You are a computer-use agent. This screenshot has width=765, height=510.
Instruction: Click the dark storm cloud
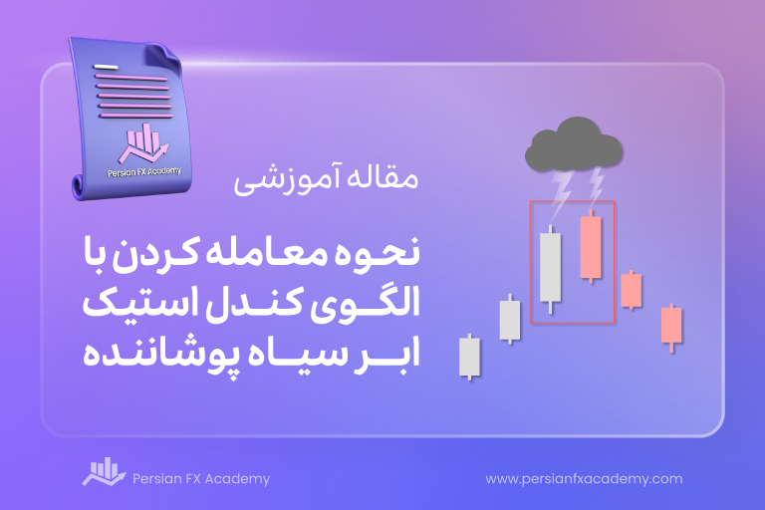[x=574, y=145]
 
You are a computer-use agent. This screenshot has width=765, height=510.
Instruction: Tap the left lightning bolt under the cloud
[x=561, y=194]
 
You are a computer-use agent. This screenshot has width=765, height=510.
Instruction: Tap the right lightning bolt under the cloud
[x=596, y=186]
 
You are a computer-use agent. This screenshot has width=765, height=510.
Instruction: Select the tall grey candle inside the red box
[x=550, y=268]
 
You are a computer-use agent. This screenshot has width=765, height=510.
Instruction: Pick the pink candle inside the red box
[x=591, y=247]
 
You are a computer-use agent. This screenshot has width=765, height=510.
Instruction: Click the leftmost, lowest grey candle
[x=470, y=357]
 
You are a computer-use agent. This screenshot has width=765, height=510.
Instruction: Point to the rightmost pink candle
[x=671, y=326]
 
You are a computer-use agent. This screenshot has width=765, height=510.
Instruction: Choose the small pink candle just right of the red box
[x=632, y=291]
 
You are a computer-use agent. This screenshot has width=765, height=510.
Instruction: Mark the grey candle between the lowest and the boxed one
[x=510, y=320]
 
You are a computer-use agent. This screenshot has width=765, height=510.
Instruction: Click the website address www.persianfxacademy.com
[x=584, y=479]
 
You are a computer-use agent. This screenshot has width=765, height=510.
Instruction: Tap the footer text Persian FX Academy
[x=201, y=479]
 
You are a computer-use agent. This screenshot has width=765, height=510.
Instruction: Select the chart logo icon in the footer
[x=104, y=471]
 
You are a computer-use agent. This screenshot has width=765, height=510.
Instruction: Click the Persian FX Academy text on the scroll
[x=143, y=171]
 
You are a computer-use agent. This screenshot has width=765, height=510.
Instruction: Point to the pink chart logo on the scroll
[x=143, y=143]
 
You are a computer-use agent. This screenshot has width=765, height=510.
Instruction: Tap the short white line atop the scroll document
[x=106, y=67]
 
